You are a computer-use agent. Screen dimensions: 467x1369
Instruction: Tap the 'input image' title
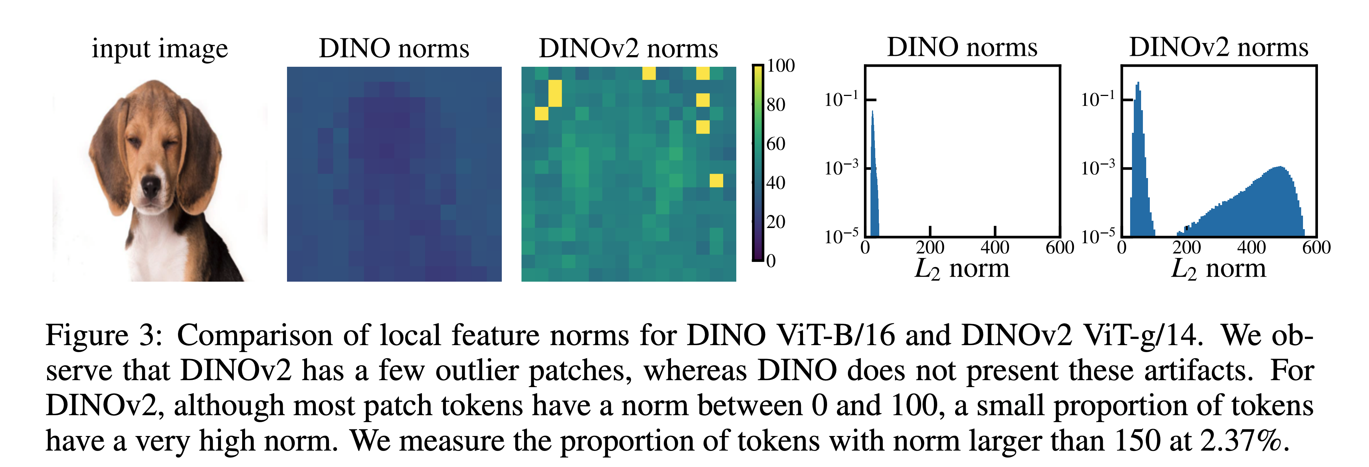[x=159, y=49]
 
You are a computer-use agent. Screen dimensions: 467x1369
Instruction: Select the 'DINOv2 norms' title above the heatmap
[x=628, y=49]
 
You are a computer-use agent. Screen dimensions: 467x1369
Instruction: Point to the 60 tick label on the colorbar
[x=776, y=144]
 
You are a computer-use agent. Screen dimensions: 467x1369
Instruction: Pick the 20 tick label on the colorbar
[x=776, y=222]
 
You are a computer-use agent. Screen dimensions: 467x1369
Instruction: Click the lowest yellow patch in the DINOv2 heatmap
[x=716, y=180]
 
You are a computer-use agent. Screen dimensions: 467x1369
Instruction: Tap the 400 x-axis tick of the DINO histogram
[x=995, y=247]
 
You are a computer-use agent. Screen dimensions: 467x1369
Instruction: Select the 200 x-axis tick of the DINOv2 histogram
[x=1187, y=247]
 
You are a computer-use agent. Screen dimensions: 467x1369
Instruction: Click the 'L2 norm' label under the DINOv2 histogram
[x=1219, y=269]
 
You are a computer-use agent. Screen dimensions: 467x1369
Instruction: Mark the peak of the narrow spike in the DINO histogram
[x=872, y=112]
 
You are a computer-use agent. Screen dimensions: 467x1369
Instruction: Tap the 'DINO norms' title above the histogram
[x=962, y=47]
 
